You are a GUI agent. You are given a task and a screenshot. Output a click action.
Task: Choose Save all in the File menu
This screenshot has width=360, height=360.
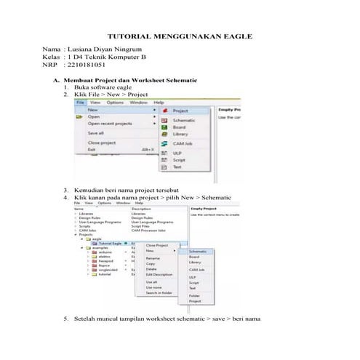click(x=96, y=133)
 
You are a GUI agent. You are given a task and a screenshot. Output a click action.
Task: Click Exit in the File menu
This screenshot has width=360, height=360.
click(x=92, y=149)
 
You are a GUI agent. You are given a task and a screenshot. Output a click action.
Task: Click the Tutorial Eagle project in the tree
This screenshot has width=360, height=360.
click(x=107, y=242)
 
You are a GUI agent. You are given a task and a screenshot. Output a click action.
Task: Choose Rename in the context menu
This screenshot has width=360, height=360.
click(x=153, y=258)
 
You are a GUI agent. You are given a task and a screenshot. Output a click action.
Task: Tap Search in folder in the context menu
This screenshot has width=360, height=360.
click(x=160, y=292)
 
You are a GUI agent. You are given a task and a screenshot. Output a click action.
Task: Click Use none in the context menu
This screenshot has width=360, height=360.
click(x=153, y=287)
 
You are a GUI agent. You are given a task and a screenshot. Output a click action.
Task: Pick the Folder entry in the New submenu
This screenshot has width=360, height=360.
click(x=193, y=296)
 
